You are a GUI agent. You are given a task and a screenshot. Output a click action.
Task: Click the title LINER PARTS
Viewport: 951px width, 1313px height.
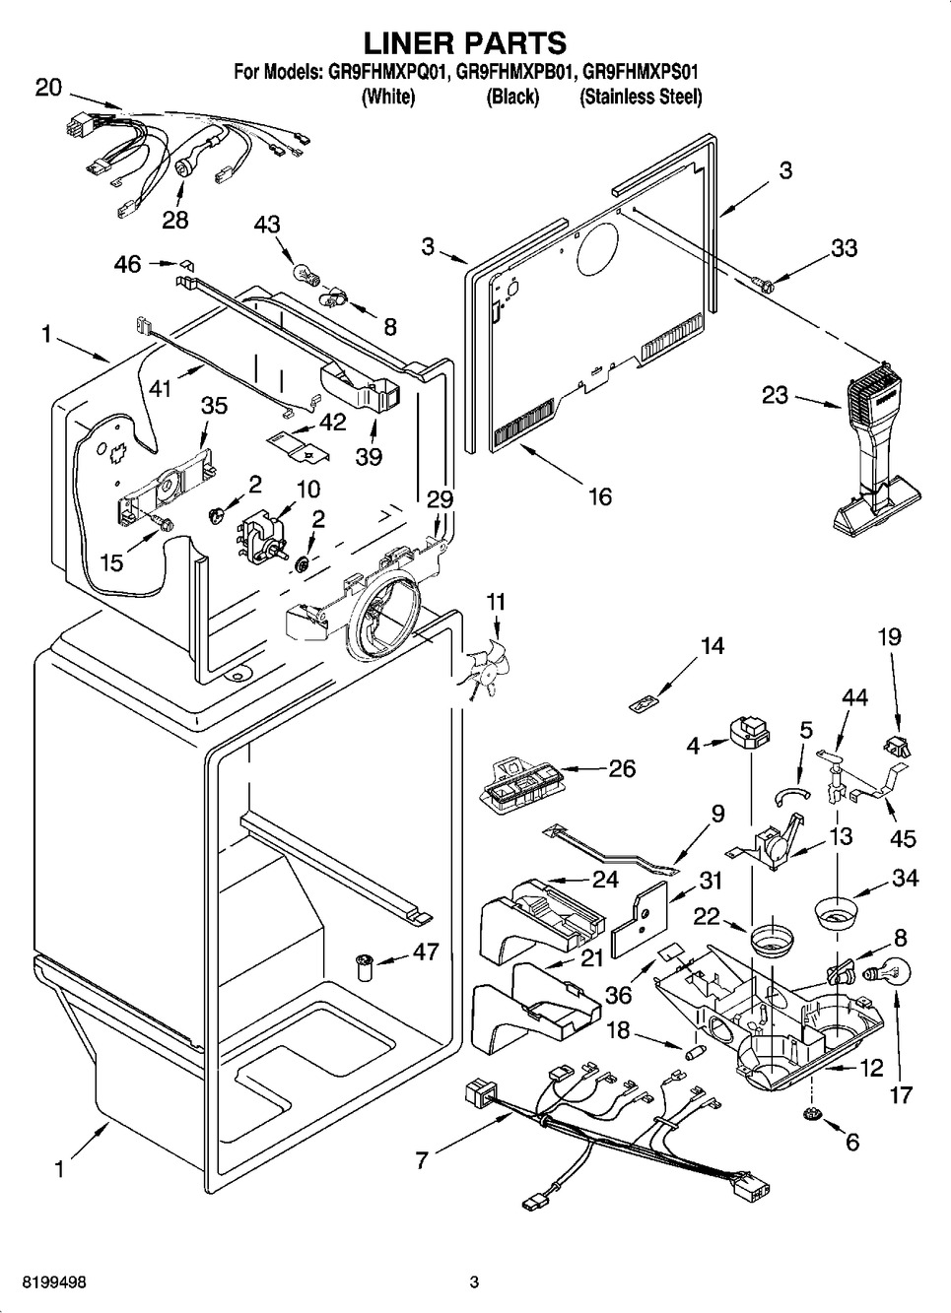(x=466, y=42)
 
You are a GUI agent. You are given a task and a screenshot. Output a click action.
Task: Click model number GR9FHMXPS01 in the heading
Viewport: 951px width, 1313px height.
(x=642, y=71)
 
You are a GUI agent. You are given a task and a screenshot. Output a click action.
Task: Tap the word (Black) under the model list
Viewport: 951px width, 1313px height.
(x=512, y=97)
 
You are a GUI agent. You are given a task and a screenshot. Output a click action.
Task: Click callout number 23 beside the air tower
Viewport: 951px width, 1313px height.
(x=776, y=397)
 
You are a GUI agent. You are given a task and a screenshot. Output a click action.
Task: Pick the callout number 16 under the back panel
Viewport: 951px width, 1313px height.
(x=599, y=495)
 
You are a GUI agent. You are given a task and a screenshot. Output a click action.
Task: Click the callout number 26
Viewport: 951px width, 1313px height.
(x=622, y=768)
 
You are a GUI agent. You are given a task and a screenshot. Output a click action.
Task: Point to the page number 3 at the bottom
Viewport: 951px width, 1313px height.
(x=474, y=1282)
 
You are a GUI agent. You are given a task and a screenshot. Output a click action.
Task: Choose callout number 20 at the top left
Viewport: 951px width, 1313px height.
(x=48, y=88)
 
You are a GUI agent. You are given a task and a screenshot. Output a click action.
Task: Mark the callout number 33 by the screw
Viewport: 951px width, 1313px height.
(x=844, y=248)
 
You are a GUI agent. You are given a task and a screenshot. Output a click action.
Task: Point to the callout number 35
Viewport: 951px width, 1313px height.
(x=215, y=405)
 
